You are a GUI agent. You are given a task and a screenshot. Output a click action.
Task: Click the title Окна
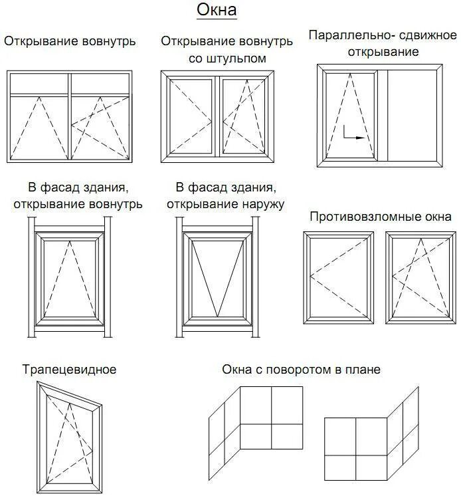217,11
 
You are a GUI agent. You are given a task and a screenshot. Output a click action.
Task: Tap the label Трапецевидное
69,369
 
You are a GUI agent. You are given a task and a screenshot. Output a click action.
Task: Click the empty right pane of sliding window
412,114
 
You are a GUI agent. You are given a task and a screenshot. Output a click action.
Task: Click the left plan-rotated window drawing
256,426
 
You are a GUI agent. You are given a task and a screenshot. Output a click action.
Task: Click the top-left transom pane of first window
39,83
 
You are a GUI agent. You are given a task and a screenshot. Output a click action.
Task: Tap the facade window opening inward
69,279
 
